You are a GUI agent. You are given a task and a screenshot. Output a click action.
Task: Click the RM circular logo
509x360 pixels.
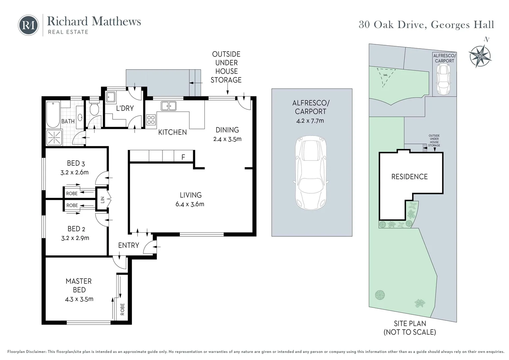[28, 25]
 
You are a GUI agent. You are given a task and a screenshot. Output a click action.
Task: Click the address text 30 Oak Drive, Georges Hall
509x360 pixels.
[426, 25]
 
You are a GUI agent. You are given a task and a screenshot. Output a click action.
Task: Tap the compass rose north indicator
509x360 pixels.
[480, 55]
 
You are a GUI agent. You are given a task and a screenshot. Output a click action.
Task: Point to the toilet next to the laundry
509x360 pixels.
[95, 108]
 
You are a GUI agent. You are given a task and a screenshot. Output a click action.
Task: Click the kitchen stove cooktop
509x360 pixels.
[151, 120]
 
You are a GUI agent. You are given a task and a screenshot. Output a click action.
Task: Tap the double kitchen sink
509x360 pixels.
[169, 106]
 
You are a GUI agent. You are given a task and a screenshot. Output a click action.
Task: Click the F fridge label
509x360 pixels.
[183, 157]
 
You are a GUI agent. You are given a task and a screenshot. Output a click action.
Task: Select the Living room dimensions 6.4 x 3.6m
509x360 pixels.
[190, 204]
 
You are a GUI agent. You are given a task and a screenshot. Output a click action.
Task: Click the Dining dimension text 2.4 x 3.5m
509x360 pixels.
[227, 139]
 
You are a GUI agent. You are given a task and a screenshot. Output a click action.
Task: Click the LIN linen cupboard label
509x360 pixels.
[103, 200]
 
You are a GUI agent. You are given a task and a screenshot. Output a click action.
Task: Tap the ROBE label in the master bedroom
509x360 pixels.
[122, 309]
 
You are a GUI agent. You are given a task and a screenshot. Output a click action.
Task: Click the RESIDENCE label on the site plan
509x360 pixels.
[409, 177]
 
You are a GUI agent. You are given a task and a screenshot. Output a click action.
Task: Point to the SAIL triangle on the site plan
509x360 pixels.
[385, 75]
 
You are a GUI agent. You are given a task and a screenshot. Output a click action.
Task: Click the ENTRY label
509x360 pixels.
[129, 245]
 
